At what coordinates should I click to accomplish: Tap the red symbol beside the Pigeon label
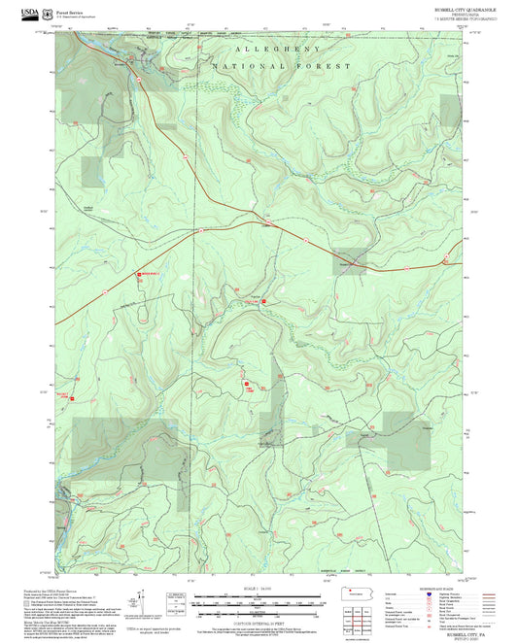262,302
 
